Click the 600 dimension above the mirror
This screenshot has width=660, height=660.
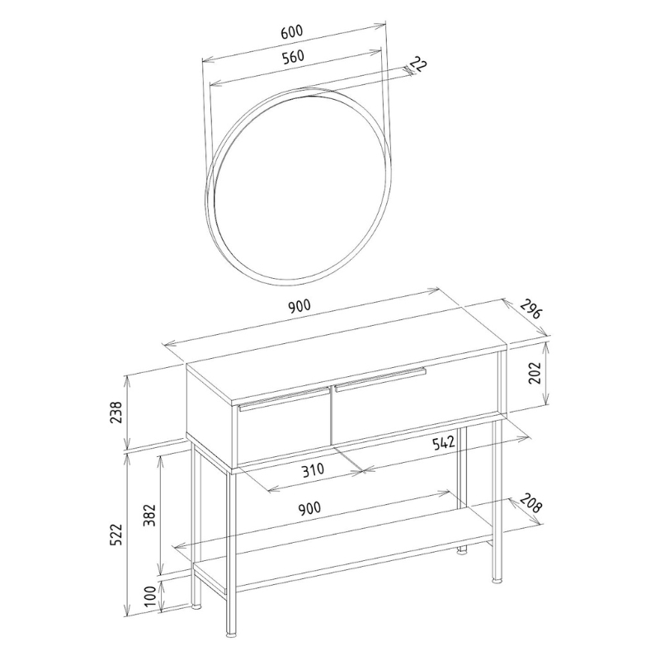291,31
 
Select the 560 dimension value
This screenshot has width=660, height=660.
293,57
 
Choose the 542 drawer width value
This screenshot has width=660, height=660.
444,443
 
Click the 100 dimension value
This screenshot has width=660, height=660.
150,596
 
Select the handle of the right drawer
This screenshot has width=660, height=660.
379,377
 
